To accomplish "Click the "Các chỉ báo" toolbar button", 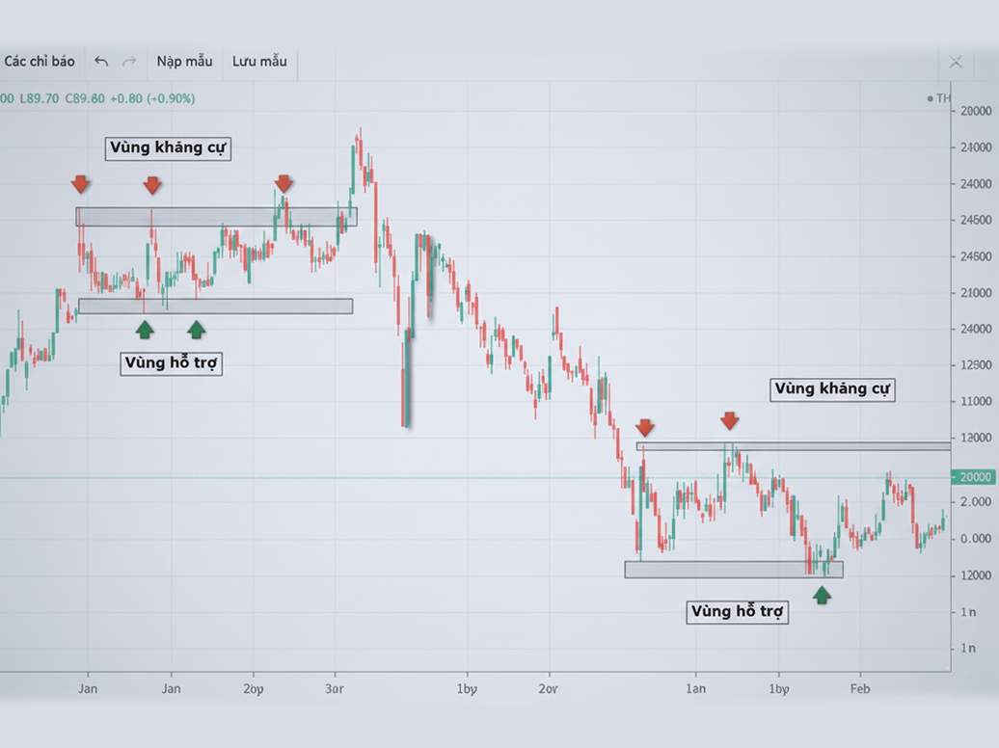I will pyautogui.click(x=40, y=62).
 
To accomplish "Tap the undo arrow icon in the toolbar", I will pyautogui.click(x=101, y=62).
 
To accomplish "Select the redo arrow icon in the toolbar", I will pyautogui.click(x=129, y=62).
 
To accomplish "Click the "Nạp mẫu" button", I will pyautogui.click(x=184, y=62).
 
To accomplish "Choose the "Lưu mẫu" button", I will pyautogui.click(x=259, y=62).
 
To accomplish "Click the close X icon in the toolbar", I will pyautogui.click(x=955, y=62).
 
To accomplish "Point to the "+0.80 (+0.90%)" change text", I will pyautogui.click(x=152, y=98).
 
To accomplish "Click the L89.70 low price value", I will pyautogui.click(x=40, y=98).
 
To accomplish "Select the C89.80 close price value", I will pyautogui.click(x=85, y=98).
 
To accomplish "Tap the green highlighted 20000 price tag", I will pyautogui.click(x=973, y=477).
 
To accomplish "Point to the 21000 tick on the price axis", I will pyautogui.click(x=975, y=293).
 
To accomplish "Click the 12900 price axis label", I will pyautogui.click(x=975, y=365).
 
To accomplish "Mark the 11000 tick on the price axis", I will pyautogui.click(x=975, y=402).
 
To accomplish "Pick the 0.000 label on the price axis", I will pyautogui.click(x=975, y=539).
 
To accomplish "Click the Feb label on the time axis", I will pyautogui.click(x=859, y=689).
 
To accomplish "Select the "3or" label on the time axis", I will pyautogui.click(x=336, y=689).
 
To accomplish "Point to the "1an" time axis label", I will pyautogui.click(x=695, y=689).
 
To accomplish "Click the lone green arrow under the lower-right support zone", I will pyautogui.click(x=822, y=595).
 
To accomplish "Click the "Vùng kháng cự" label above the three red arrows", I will pyautogui.click(x=169, y=147).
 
